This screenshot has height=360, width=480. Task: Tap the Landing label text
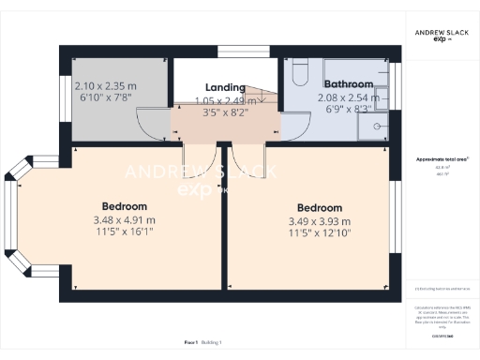pyautogui.click(x=225, y=87)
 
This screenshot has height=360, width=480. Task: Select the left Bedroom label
pyautogui.click(x=125, y=205)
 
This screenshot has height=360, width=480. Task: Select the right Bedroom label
pyautogui.click(x=321, y=207)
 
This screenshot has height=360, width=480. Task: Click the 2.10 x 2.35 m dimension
pyautogui.click(x=104, y=86)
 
